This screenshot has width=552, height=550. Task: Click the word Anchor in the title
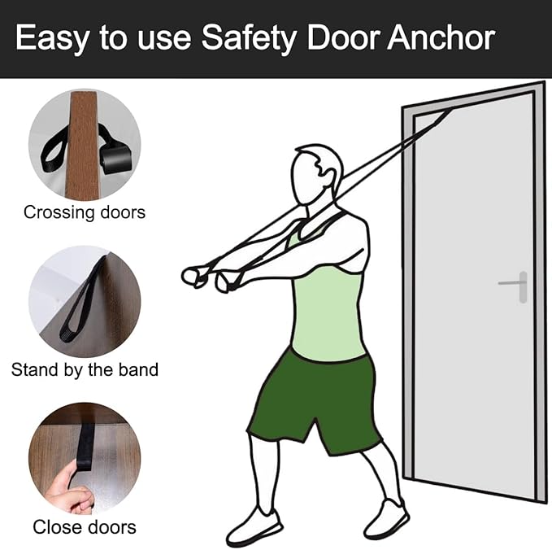click(x=441, y=37)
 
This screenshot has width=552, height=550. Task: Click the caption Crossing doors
click(x=85, y=212)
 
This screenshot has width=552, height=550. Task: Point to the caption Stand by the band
click(x=85, y=370)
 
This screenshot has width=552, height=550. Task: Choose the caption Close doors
click(x=85, y=527)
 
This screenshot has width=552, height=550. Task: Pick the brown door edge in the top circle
click(x=84, y=145)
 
